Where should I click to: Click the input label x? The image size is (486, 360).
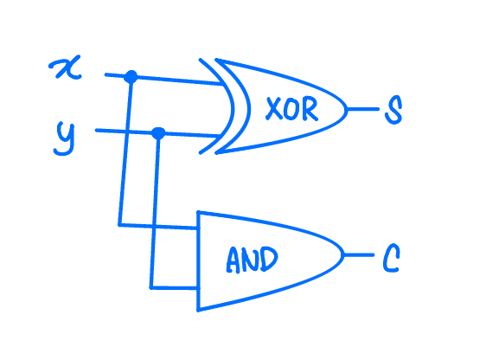66,67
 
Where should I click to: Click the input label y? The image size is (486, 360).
65,138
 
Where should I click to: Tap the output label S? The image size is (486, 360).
393,110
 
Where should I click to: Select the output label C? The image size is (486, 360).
391,258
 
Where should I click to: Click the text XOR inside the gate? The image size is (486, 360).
291,108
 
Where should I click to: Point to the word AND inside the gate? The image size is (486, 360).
252,260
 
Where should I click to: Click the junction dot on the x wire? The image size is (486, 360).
131,77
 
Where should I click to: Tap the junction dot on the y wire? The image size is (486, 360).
158,133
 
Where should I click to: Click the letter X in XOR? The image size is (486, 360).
273,108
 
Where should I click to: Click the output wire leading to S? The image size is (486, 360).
363,109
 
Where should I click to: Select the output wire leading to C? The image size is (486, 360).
359,255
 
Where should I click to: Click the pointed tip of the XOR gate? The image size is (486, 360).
347,109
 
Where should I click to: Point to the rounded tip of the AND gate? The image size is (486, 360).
343,255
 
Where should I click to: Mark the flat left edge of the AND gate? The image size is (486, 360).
198,261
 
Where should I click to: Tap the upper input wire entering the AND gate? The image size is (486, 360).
158,227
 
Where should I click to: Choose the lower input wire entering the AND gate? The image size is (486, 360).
174,288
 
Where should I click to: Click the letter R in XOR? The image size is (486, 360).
310,108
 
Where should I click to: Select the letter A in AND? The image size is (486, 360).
233,260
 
